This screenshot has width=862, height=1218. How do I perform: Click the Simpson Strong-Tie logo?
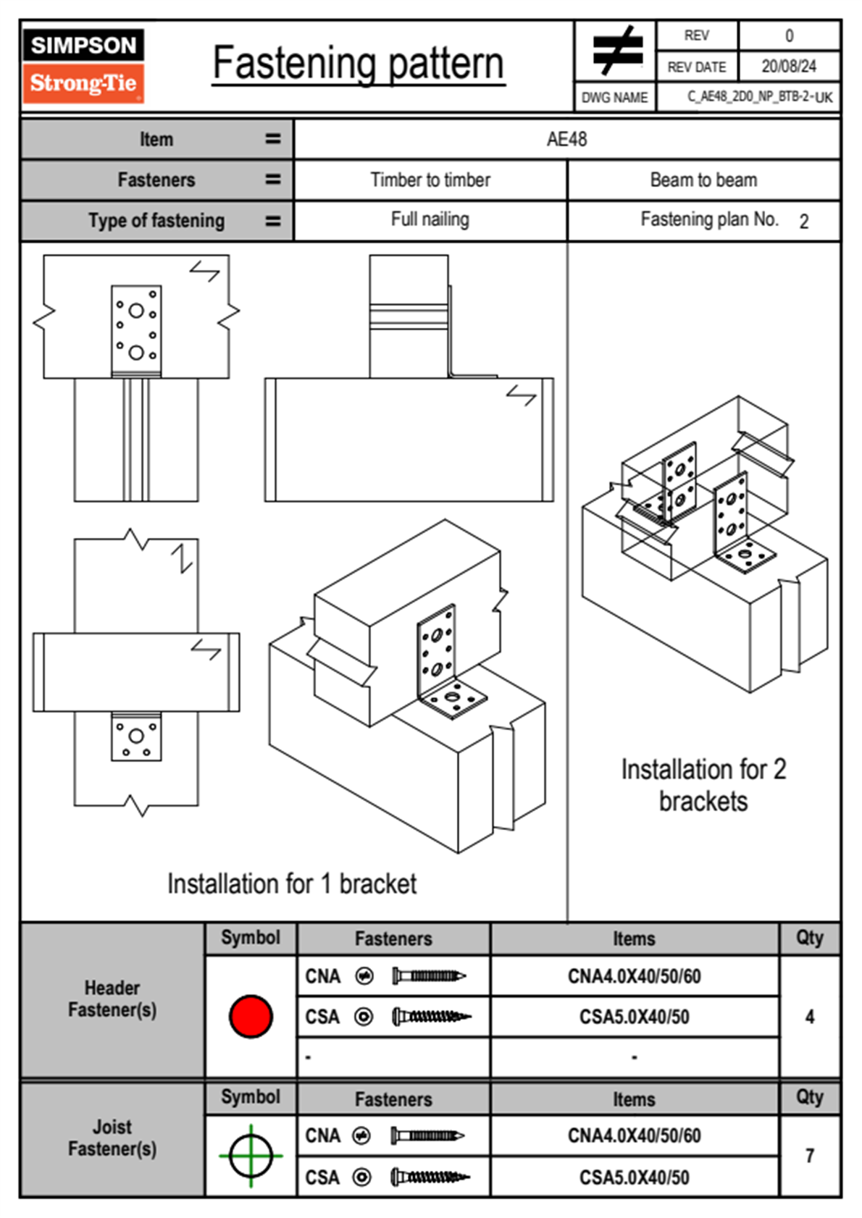click(83, 65)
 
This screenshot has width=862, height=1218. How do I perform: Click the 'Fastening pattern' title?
click(358, 64)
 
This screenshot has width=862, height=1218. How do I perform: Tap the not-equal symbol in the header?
click(616, 51)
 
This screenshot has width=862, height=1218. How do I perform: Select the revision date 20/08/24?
click(788, 67)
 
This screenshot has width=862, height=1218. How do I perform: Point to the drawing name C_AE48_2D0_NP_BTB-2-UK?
click(759, 97)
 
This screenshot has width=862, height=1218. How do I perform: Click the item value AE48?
click(566, 139)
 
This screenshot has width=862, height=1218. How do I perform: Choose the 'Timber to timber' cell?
click(430, 180)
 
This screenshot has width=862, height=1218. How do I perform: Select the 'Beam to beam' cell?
click(703, 180)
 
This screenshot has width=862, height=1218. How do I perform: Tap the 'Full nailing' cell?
click(430, 219)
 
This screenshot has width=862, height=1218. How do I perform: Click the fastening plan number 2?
click(803, 222)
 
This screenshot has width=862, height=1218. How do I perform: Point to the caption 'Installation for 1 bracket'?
click(292, 884)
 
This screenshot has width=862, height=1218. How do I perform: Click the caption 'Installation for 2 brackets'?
click(703, 785)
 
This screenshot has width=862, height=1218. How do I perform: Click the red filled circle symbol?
click(251, 1017)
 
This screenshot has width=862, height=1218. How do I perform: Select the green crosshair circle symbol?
click(251, 1156)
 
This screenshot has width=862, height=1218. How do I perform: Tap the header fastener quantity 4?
click(809, 1017)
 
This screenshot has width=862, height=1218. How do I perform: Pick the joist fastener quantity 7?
click(809, 1156)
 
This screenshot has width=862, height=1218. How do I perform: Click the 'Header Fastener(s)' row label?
click(112, 999)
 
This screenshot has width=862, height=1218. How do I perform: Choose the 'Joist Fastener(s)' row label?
click(112, 1138)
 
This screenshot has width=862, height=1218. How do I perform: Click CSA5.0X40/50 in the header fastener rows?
click(634, 1017)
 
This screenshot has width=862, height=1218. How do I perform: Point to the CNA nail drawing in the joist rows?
click(427, 1135)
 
